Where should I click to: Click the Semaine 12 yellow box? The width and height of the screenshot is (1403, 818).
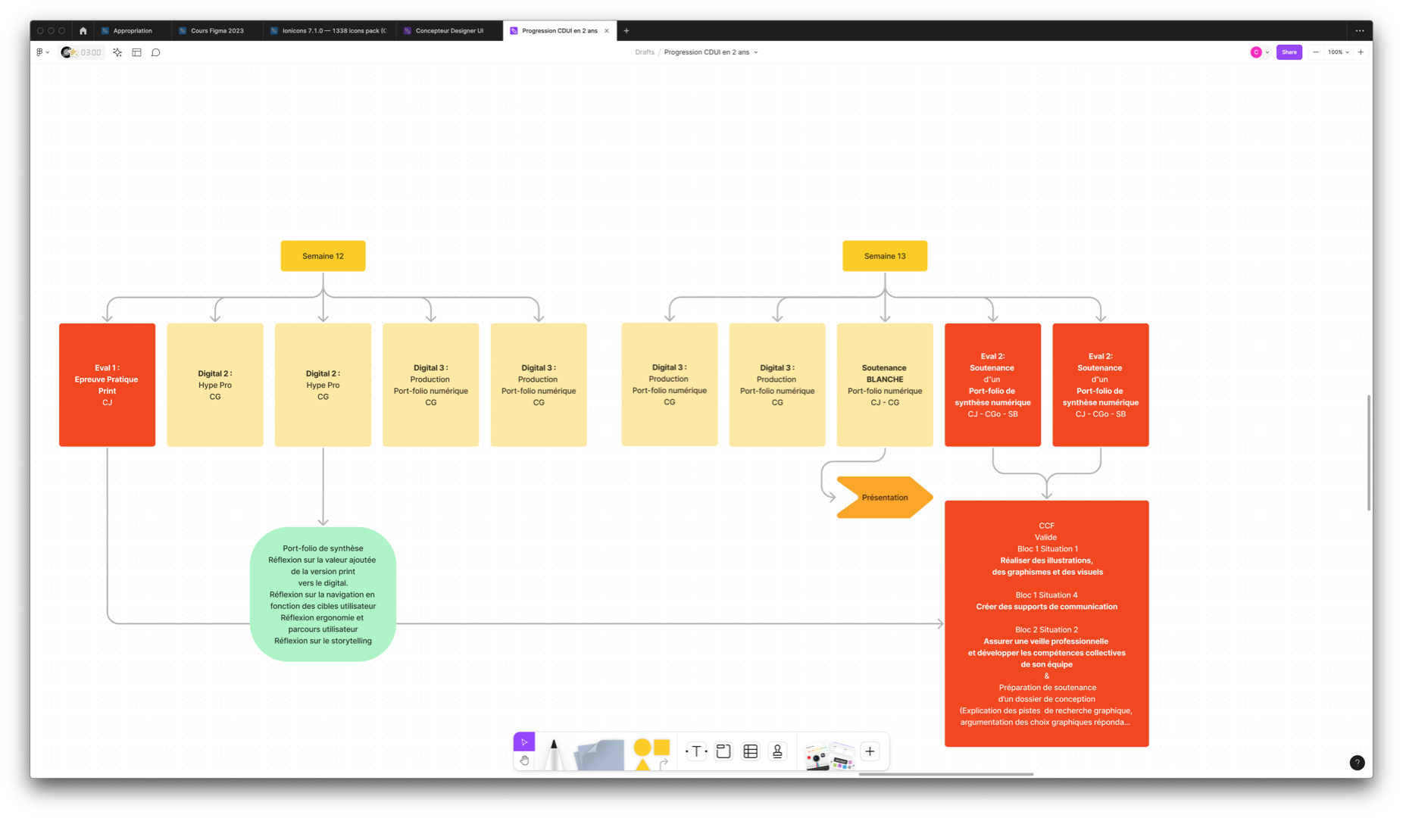[x=323, y=256]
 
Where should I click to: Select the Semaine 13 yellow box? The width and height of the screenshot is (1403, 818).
[x=884, y=256]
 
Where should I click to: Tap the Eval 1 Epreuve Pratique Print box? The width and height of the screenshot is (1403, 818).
[x=107, y=385]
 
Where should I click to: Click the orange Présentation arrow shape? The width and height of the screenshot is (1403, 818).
[x=884, y=498]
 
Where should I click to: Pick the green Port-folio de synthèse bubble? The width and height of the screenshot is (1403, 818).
[x=323, y=595]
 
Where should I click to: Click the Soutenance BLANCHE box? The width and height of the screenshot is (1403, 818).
[x=884, y=385]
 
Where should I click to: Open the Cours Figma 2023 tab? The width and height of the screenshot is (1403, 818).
[x=217, y=31]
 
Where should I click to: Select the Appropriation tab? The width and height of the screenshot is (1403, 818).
[x=133, y=31]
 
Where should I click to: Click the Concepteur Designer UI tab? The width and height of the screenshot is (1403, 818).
[x=449, y=31]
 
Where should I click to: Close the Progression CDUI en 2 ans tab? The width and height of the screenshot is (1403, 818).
[x=607, y=31]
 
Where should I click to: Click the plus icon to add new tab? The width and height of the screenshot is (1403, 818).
[x=627, y=31]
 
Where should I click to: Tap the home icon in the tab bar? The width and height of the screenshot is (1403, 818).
[x=83, y=31]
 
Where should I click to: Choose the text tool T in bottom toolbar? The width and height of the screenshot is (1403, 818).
[x=696, y=751]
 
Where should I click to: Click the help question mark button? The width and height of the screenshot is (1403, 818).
[x=1357, y=763]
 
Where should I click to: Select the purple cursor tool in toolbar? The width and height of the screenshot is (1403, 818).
[x=524, y=742]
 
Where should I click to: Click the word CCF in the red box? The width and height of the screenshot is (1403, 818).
[x=1046, y=526]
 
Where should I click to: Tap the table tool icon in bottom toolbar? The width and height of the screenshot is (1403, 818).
[x=751, y=751]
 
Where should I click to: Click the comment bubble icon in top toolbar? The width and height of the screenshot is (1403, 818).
[x=156, y=52]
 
